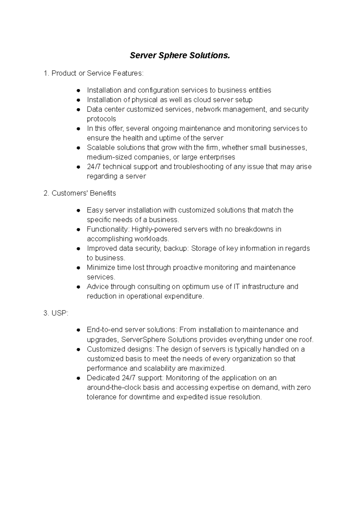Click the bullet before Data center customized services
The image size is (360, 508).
78,109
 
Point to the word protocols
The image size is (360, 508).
101,119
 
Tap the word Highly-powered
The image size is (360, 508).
157,229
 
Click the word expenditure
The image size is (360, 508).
184,296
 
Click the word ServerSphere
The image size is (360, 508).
144,340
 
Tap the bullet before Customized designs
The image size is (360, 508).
78,349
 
